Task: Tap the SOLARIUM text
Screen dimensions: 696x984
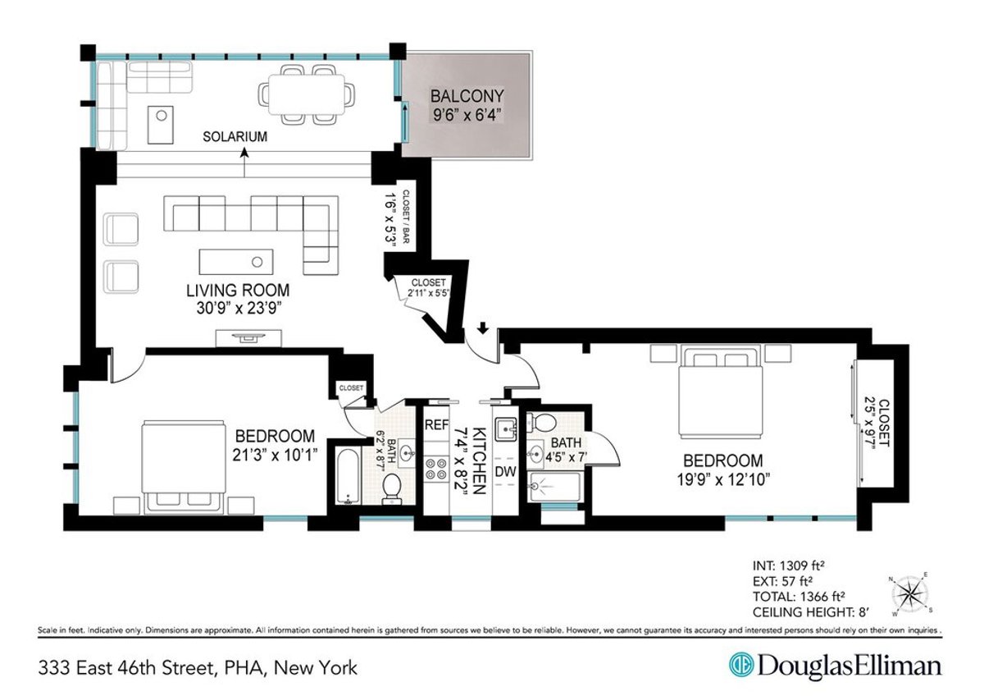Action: pos(235,137)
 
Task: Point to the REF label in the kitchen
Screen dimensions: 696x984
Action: pos(435,425)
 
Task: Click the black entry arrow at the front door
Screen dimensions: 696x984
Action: pos(483,329)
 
